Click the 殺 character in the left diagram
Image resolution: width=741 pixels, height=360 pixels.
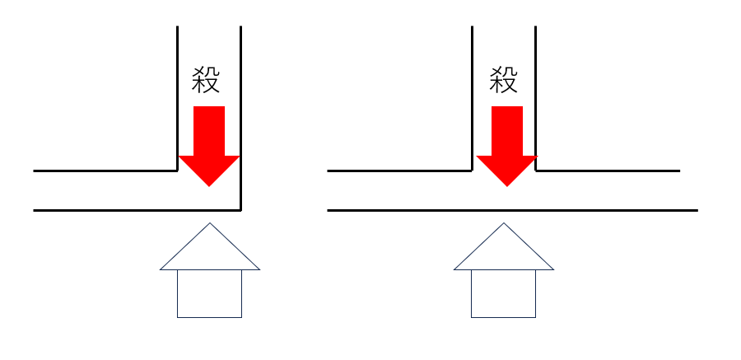click(206, 79)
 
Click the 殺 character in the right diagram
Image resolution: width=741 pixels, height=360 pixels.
click(504, 79)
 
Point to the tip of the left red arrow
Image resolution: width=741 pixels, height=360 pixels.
click(209, 187)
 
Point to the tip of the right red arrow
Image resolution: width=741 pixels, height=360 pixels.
click(507, 187)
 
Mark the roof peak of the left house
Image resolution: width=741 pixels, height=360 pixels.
click(210, 222)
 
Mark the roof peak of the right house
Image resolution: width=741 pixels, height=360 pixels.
click(504, 222)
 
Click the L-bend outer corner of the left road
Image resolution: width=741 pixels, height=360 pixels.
click(240, 210)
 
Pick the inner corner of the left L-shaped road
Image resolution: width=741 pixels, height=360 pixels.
click(177, 171)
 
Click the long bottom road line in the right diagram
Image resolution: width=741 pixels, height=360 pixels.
click(512, 210)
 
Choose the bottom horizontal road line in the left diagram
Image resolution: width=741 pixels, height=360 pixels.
click(137, 210)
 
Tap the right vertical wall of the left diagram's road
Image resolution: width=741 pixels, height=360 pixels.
click(240, 119)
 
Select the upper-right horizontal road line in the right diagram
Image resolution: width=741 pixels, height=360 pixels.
click(608, 171)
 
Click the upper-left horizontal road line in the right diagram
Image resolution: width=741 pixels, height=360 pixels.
click(399, 171)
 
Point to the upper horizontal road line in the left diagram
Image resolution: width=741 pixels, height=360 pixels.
click(105, 171)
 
